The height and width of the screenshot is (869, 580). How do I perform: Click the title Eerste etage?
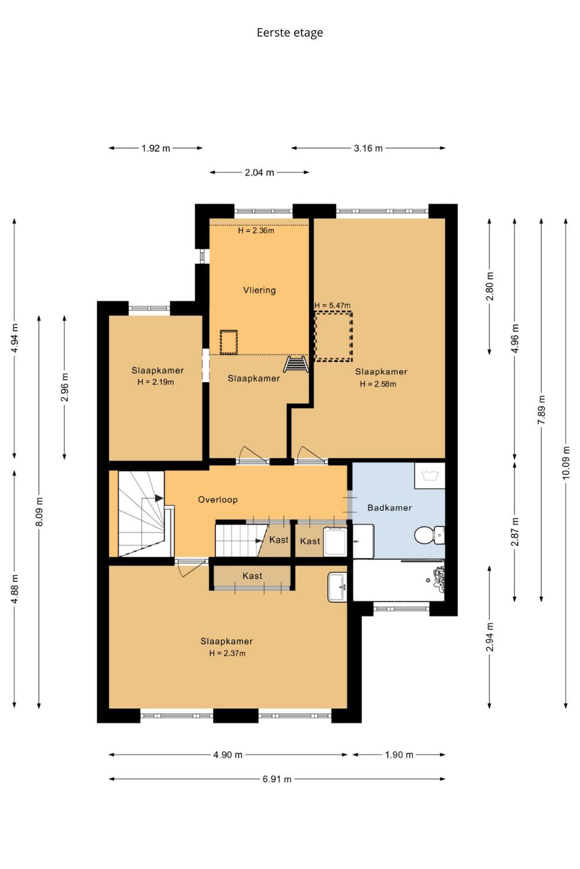289,33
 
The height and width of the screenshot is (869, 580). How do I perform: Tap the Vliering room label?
259,290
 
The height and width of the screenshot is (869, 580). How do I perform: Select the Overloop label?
217,499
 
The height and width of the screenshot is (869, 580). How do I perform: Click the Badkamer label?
389,507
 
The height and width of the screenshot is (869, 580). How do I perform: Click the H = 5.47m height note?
332,305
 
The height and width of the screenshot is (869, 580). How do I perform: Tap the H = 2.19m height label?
155,382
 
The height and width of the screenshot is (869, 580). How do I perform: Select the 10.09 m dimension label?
565,463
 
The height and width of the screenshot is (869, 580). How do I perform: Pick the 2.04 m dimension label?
259,172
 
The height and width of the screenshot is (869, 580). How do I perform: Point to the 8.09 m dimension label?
39,512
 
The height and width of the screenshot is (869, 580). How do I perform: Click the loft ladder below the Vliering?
296,364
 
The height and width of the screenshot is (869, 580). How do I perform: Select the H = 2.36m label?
256,231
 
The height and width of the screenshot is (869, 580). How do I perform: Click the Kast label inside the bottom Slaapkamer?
252,576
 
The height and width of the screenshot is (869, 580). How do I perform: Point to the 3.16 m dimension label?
368,148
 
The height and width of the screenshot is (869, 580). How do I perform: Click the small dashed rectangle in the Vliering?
229,342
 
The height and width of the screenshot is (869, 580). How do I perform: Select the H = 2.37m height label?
227,653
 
